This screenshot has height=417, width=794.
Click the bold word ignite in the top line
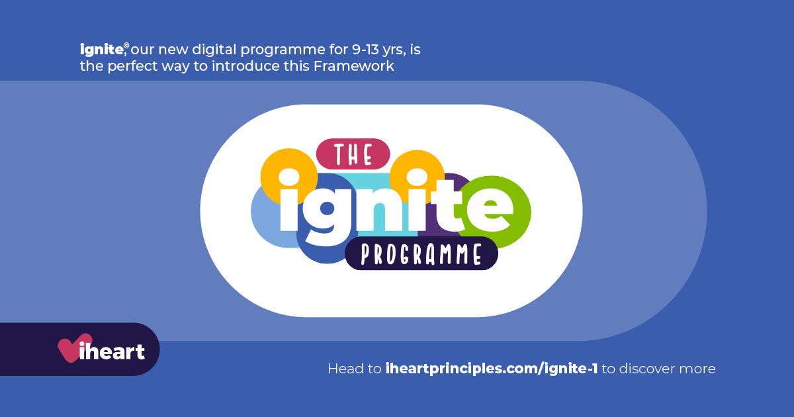pos(101,49)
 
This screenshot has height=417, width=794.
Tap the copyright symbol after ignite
pos(126,46)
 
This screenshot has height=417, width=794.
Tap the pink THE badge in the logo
pos(353,154)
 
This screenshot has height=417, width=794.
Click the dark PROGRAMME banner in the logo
pos(421,254)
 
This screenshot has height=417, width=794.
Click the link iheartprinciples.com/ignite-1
pos(491,369)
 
